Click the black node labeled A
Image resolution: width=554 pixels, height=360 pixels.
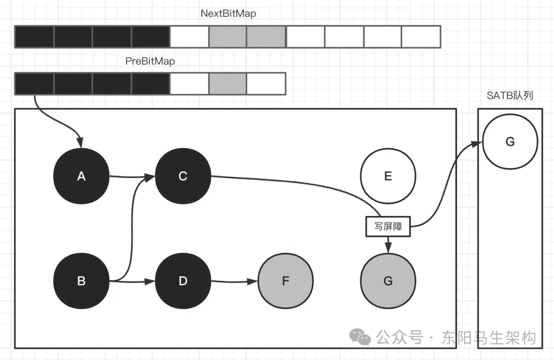coord(81,176)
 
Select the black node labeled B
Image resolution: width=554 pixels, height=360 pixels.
coord(81,281)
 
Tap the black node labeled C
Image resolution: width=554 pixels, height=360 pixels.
coord(183,176)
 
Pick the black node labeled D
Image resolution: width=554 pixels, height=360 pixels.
coord(183,281)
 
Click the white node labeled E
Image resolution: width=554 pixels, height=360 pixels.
coord(388,176)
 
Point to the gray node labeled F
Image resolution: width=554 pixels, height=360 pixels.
coord(285,281)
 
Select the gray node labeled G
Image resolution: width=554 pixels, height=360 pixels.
coord(388,281)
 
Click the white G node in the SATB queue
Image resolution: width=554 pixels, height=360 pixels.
coord(510,142)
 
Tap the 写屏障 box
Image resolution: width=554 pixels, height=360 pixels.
coord(388,226)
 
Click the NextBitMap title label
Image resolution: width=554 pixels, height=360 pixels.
coord(228,14)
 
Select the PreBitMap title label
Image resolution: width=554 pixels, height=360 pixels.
coord(150,61)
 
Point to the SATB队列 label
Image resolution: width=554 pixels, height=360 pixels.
coord(510,96)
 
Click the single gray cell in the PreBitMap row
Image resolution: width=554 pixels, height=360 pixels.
coord(228,84)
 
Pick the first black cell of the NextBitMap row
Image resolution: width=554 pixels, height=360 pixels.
coord(34,37)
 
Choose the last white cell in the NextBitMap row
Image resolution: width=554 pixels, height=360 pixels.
coord(421,37)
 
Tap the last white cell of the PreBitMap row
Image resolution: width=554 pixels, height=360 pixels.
coord(266,84)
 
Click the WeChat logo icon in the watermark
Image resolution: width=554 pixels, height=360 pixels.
coord(360,337)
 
